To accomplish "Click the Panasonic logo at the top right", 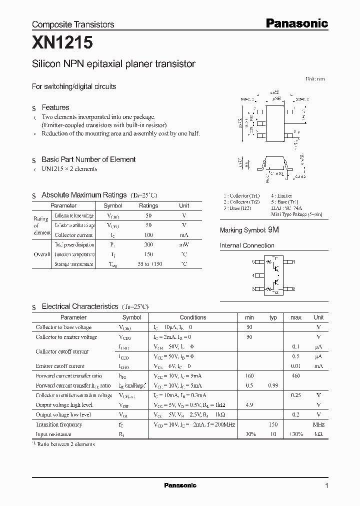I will coord(296,23).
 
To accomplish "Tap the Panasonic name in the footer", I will coord(180,485).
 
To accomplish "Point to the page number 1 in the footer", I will coord(326,486).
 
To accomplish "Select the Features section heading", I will coord(55,107).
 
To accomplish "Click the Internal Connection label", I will coord(247,245).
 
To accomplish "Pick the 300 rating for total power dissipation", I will coord(148,245).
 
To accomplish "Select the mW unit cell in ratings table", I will coord(184,245).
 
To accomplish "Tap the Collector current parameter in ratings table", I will coord(73,235).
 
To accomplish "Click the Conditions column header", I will coord(192,317).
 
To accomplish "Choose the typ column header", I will coord(273,317).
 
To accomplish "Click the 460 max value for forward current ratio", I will coord(296,376).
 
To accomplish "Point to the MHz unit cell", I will coord(318,424).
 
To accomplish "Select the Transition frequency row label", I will coord(59,424).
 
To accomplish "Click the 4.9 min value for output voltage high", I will coord(249,405).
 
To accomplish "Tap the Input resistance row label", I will coord(53,434).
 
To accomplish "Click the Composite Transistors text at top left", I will coord(73,24).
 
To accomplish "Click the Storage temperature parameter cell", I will coord(73,264).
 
